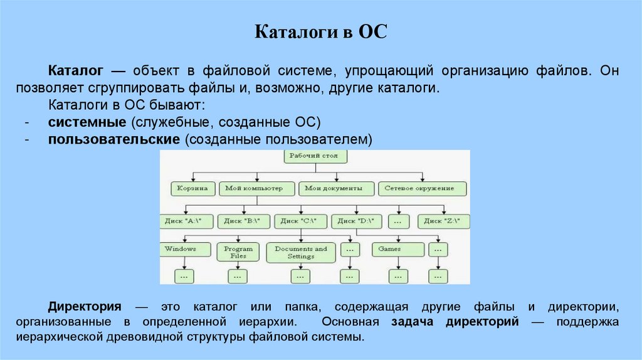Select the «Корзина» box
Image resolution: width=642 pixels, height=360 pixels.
pyautogui.click(x=193, y=188)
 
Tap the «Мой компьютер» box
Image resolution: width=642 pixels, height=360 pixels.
pyautogui.click(x=258, y=188)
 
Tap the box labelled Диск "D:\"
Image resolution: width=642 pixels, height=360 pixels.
pyautogui.click(x=355, y=221)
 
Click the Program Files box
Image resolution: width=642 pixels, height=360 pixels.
pyautogui.click(x=238, y=252)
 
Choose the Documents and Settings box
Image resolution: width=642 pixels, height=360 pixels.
pyautogui.click(x=301, y=252)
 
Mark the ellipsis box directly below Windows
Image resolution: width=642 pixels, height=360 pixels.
pyautogui.click(x=184, y=276)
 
